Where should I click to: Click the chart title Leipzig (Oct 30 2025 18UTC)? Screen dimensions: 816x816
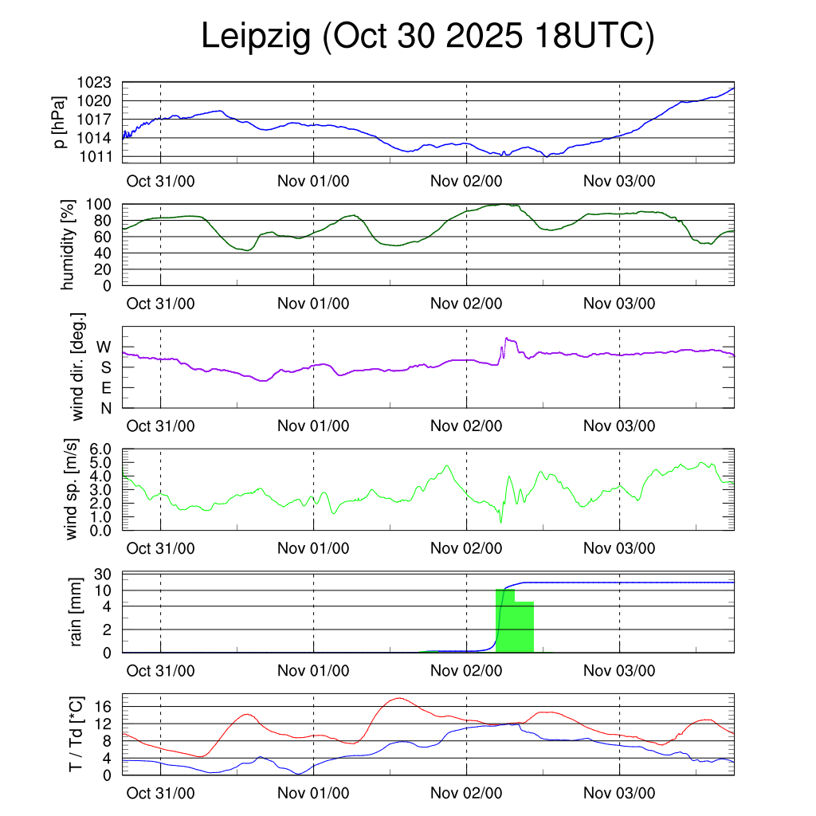(427, 37)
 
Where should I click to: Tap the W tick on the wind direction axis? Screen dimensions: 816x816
(104, 347)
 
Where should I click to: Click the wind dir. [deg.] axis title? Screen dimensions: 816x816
(77, 367)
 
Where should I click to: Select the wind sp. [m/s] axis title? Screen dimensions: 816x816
(73, 490)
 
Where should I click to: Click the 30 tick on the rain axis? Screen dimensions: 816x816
(103, 575)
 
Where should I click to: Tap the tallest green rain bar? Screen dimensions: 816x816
(504, 622)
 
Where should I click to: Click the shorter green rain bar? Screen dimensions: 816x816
(524, 627)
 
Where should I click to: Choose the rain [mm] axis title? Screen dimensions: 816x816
(77, 612)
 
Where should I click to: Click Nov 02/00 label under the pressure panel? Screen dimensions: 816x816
(466, 180)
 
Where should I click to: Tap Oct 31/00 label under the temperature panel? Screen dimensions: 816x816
(161, 794)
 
